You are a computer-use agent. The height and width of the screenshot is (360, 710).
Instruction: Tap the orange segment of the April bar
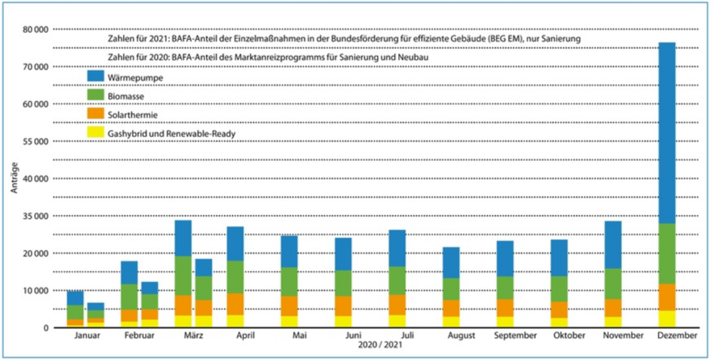pyautogui.click(x=235, y=304)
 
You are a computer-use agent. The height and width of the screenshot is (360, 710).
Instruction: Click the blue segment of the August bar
pyautogui.click(x=451, y=262)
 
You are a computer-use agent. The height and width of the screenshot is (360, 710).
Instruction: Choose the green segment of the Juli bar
pyautogui.click(x=397, y=280)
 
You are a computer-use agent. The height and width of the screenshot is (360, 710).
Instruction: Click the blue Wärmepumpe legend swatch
pyautogui.click(x=97, y=77)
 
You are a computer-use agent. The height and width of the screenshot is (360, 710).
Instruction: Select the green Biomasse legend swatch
pyautogui.click(x=97, y=96)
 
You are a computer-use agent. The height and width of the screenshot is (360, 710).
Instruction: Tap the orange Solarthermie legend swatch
pyautogui.click(x=97, y=115)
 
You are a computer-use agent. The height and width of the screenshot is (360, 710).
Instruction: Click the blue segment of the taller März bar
pyautogui.click(x=182, y=238)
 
